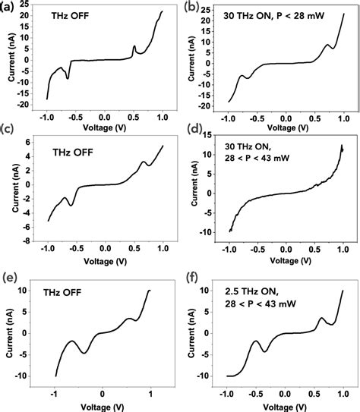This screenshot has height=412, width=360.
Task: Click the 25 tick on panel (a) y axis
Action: [x=29, y=5]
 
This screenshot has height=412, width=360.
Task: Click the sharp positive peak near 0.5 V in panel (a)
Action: [x=134, y=46]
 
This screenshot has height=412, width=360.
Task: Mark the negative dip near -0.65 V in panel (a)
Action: [x=68, y=77]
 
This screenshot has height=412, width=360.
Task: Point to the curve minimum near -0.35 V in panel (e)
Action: [x=85, y=353]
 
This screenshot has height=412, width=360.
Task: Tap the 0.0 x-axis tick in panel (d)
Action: [x=286, y=247]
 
